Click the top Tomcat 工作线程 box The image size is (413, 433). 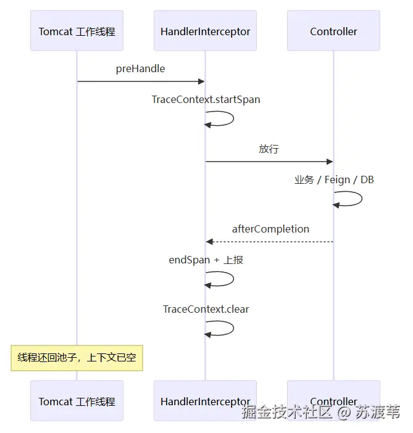[77, 31]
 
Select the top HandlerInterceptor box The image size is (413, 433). [205, 31]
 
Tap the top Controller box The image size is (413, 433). [333, 31]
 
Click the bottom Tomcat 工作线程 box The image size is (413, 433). [77, 401]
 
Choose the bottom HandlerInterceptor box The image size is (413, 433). [205, 401]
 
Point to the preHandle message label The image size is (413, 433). [140, 68]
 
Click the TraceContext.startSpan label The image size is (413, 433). [206, 100]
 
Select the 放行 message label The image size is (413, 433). [269, 149]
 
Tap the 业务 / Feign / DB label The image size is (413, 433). [334, 179]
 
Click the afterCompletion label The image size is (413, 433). [270, 229]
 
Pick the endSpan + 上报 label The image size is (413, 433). [206, 260]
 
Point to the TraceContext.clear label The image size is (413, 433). [206, 309]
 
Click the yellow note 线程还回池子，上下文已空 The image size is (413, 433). [77, 358]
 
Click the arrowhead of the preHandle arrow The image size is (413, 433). [201, 81]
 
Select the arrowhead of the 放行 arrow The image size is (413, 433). [330, 162]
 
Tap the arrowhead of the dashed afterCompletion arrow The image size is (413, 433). [209, 242]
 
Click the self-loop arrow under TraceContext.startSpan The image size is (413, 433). [233, 118]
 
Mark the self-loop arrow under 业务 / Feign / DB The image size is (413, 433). [362, 199]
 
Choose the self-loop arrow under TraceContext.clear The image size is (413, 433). [233, 328]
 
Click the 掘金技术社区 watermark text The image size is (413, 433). [286, 412]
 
